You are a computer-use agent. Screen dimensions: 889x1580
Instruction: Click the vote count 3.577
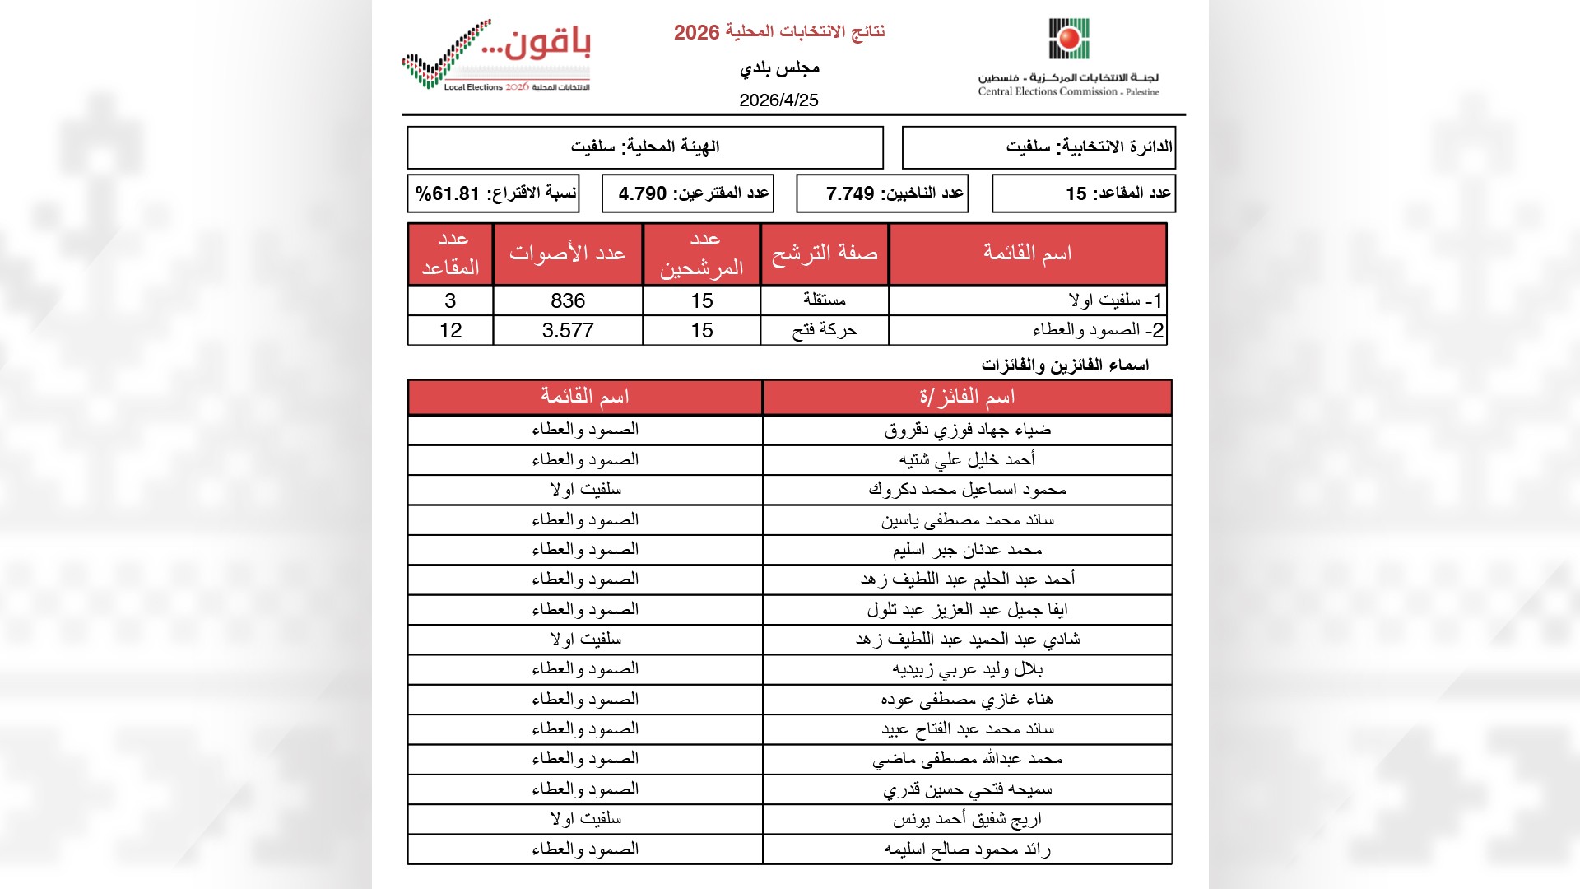[x=568, y=330]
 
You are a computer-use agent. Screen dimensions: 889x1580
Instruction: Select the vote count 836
[x=568, y=300]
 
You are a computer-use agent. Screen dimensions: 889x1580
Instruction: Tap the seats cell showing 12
[x=450, y=330]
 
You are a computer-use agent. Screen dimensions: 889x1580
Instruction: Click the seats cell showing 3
[x=450, y=300]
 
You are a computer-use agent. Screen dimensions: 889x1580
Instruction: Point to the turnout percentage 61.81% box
[x=494, y=193]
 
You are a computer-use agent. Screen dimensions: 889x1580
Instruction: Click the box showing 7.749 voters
[x=882, y=193]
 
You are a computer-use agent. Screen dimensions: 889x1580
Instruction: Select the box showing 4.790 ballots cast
[x=688, y=193]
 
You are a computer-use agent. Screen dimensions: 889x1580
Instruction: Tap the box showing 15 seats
[x=1084, y=193]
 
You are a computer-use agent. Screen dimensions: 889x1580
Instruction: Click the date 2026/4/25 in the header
[x=778, y=100]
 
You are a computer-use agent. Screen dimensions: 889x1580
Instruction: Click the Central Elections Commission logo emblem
[x=1069, y=40]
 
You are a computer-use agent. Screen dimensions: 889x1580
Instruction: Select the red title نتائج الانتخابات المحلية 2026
[x=778, y=32]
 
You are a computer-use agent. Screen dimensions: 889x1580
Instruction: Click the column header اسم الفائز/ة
[x=967, y=397]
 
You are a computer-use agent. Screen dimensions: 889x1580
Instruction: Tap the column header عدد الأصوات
[x=568, y=254]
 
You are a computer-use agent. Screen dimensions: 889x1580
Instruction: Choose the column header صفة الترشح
[x=825, y=254]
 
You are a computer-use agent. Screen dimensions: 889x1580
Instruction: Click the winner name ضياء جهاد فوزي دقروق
[x=967, y=430]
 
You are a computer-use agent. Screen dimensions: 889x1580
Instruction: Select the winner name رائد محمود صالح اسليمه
[x=967, y=849]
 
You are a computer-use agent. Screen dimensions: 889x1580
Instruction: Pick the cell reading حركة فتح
[x=825, y=330]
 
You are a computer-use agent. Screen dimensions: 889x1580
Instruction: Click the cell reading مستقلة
[x=825, y=300]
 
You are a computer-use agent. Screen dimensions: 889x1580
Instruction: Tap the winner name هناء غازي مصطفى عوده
[x=967, y=699]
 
